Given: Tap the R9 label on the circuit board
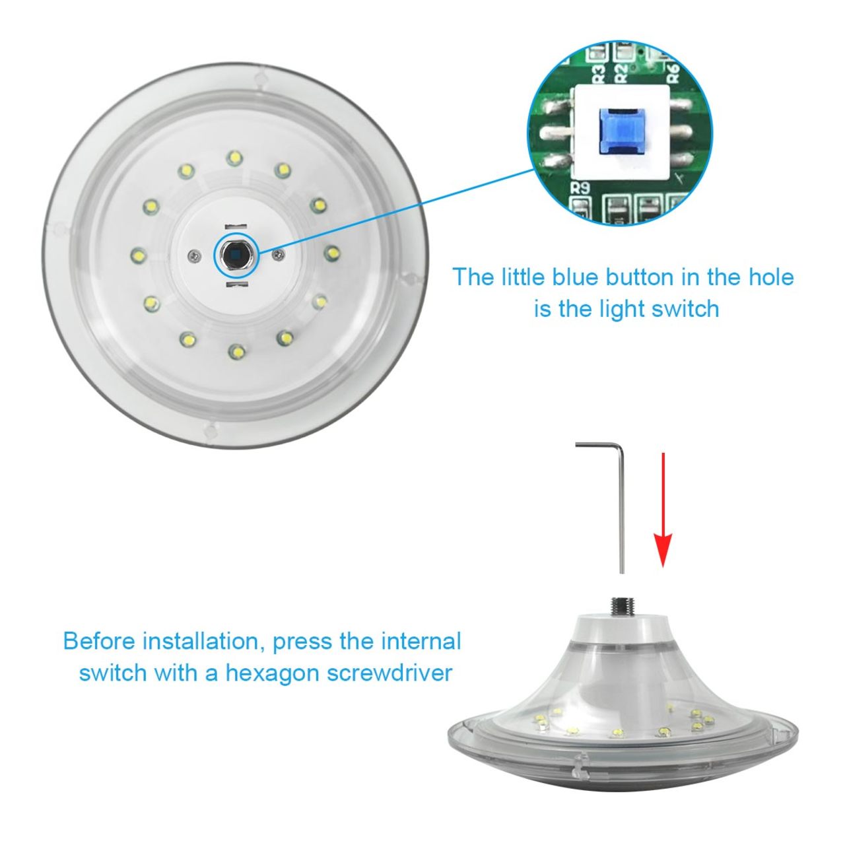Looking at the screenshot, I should coord(580,187).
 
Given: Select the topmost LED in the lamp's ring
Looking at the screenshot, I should coord(234,158).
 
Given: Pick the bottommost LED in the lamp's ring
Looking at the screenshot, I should coord(235,351).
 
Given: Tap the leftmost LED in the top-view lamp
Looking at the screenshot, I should coord(138,253).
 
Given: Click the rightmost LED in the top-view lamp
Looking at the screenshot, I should coord(331,252).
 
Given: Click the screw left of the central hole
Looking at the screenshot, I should coord(192,255).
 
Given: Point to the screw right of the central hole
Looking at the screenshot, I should coord(279,253).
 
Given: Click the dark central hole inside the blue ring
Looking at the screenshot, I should coord(235,254).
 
